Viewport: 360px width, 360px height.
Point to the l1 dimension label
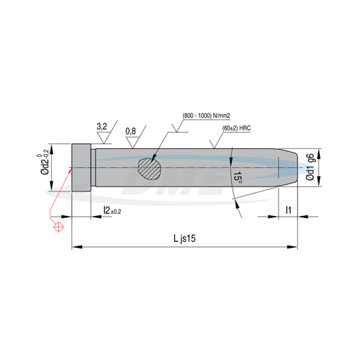point(287,210)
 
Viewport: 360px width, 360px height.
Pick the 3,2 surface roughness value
point(102,127)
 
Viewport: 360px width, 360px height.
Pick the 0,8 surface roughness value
point(130,131)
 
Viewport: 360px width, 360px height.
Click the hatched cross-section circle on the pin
point(150,168)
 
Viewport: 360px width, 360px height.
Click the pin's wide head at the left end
point(82,168)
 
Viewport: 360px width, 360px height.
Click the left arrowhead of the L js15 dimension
point(74,247)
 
